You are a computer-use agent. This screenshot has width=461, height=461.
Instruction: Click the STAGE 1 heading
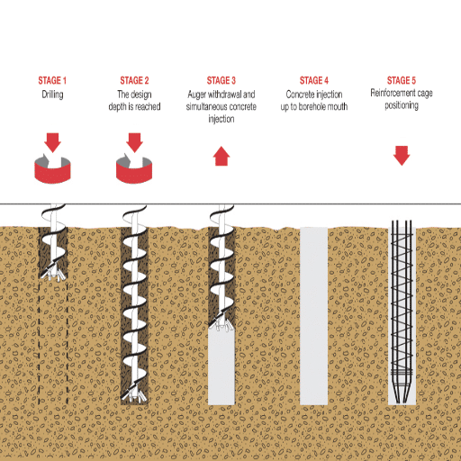coord(52,80)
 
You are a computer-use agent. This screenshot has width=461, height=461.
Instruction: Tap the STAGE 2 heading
coord(134,80)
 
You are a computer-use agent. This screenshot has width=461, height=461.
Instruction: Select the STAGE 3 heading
coord(221,80)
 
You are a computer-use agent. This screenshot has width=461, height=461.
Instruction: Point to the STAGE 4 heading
coord(314,80)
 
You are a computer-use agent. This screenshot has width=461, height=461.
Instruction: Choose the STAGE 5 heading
coord(402,80)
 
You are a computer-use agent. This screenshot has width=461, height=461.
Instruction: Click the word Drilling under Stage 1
coord(52,94)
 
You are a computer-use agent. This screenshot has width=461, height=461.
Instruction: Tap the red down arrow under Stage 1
coord(52,141)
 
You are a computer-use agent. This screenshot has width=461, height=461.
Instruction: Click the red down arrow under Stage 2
coord(134,141)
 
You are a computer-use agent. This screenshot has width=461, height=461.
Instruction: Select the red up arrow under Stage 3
coord(221,157)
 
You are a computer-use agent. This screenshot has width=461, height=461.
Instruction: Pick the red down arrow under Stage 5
coord(402,156)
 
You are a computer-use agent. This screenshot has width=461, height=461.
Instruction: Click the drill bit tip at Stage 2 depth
coord(135,397)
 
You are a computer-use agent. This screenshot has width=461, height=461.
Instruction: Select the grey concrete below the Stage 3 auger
coord(221,365)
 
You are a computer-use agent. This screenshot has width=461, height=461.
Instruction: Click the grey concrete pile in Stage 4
coord(314,315)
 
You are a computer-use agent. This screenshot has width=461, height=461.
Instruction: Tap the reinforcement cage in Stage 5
coord(402,297)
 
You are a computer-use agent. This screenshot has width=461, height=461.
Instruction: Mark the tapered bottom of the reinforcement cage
coord(402,392)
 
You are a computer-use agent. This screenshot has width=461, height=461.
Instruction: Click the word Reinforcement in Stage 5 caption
coord(389,93)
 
